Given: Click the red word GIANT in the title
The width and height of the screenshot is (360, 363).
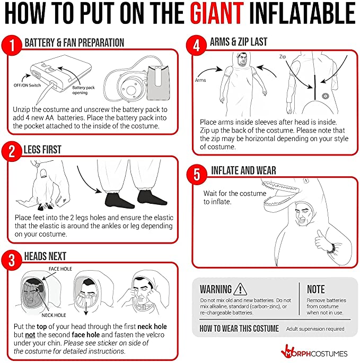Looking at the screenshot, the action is point(217,13).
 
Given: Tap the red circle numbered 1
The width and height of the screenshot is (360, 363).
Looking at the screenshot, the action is point(12,45).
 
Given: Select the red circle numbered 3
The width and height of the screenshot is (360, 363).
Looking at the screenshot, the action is point(12,260).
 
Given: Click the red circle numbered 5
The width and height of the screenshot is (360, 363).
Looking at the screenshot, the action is point(197,175).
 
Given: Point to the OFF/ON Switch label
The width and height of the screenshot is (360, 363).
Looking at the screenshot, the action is point(27,85).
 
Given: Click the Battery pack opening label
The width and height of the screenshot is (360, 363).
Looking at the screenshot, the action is point(83,90).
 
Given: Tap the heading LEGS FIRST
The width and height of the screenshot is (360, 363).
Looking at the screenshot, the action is point(42,150).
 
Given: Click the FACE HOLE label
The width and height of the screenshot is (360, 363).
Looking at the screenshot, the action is point(60,269).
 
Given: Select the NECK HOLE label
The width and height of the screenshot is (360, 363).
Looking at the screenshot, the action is point(54,315).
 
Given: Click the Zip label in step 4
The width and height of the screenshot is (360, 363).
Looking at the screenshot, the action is point(283,56).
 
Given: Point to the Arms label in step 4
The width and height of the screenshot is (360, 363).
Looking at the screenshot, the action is point(200,80).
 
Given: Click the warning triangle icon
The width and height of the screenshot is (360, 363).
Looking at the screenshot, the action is point(240,289).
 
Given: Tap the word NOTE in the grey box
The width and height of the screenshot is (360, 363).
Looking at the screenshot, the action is point(316,289).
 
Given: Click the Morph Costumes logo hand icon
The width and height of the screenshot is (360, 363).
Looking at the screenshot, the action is point(287,351).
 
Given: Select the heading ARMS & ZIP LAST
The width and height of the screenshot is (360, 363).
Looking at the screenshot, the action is point(239,42).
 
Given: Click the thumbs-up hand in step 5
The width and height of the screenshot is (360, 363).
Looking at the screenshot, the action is point(322,239).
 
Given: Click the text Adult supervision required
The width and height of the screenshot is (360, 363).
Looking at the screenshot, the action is point(315,329).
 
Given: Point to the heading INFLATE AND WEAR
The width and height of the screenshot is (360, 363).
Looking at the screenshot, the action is point(243,170).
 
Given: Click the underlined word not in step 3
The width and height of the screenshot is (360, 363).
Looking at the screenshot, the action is point(30,335).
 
